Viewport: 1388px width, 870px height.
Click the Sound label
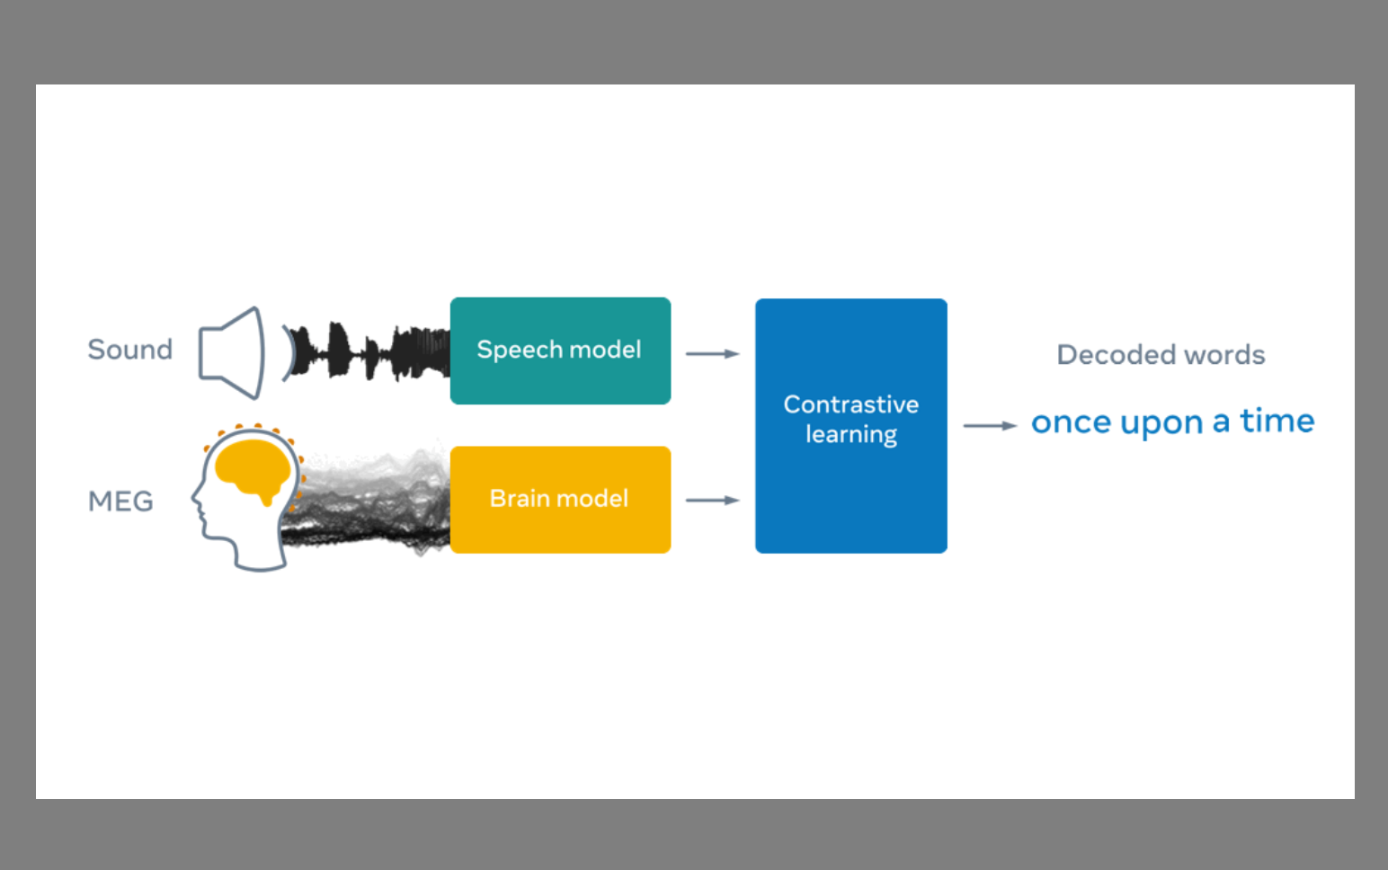tap(130, 350)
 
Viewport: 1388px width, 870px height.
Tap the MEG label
tap(120, 501)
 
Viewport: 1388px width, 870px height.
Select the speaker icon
tap(232, 352)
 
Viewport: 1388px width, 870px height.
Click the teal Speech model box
tap(560, 351)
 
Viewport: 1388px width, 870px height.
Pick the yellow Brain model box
tap(560, 500)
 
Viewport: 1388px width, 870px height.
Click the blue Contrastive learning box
tap(850, 426)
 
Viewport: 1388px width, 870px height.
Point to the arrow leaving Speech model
tap(713, 354)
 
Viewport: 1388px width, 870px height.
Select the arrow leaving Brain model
tap(713, 500)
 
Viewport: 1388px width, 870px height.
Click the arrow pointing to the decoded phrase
tap(990, 426)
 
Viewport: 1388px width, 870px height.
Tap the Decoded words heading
tap(1161, 354)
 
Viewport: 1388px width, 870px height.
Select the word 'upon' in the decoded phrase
tap(1161, 424)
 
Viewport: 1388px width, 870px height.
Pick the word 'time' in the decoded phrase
tap(1277, 420)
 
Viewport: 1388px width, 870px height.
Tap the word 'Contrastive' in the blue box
tap(850, 404)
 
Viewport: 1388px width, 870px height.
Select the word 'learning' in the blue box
tap(850, 434)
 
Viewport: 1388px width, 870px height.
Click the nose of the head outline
tap(194, 497)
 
